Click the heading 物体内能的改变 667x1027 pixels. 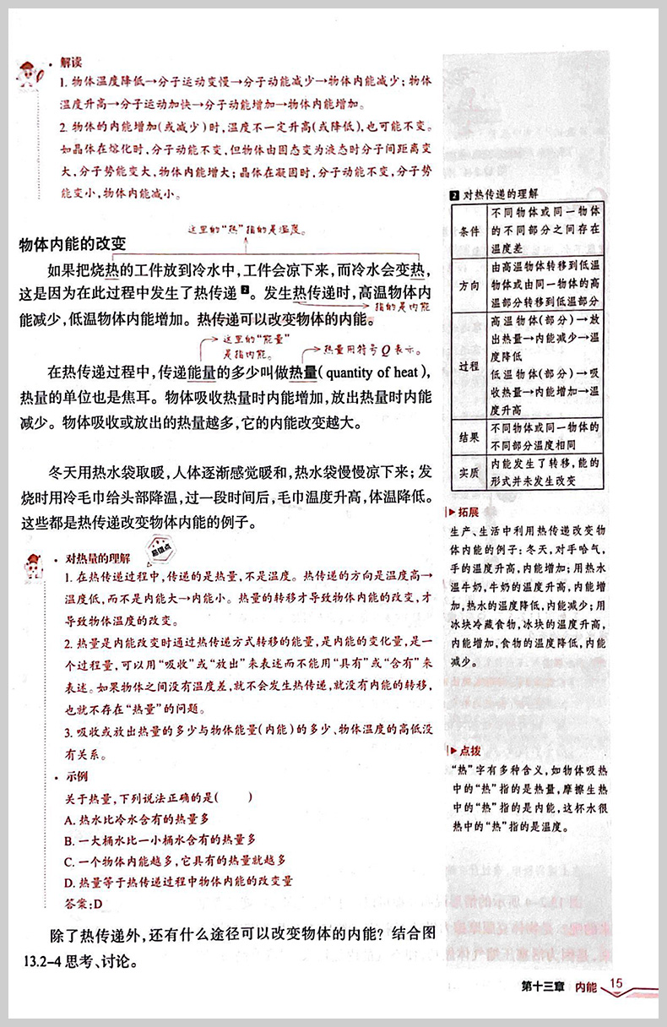click(x=73, y=245)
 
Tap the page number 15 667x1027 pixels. click(x=615, y=982)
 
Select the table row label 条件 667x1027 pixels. click(x=469, y=231)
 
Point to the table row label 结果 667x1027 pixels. click(x=469, y=437)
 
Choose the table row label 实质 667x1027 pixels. click(x=469, y=472)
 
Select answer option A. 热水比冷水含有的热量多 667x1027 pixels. click(x=137, y=818)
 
